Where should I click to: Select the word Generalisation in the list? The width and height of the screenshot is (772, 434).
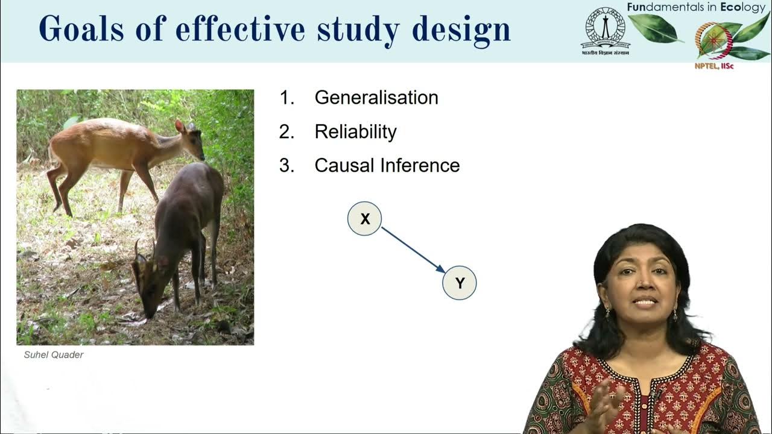pos(376,98)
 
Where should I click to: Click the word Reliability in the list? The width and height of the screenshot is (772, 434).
pos(355,132)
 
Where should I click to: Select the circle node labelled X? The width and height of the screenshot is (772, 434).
pos(364,219)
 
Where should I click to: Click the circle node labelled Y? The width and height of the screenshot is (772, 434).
pos(460,283)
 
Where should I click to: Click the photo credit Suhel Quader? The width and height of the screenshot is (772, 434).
pos(54,355)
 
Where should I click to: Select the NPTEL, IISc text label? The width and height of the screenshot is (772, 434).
pos(713,66)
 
